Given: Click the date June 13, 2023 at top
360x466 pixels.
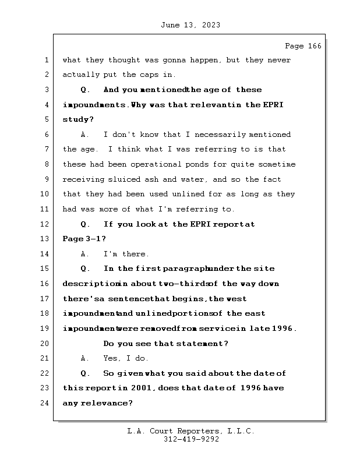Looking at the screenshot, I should point(190,25).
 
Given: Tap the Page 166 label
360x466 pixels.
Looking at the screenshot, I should point(303,46).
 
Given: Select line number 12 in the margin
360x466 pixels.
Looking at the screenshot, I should point(47,224).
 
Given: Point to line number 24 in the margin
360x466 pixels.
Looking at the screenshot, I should point(47,403).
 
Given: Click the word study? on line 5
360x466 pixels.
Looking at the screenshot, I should point(78,120).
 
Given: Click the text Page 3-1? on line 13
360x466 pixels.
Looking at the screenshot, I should point(84,239).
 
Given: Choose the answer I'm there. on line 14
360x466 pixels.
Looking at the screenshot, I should point(126,254).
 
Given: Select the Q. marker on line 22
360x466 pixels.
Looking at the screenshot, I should point(85,373).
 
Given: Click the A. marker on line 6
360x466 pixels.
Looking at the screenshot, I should point(85,135).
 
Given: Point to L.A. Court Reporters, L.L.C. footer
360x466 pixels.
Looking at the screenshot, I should point(190,431).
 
